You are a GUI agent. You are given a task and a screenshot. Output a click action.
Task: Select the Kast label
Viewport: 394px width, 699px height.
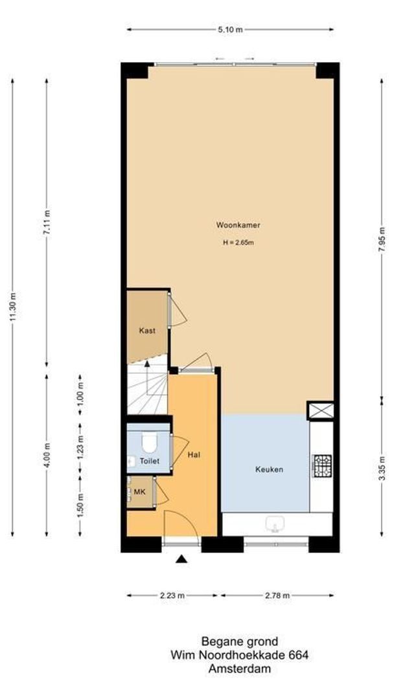(147, 331)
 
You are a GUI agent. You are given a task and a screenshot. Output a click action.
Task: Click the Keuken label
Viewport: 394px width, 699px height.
(269, 469)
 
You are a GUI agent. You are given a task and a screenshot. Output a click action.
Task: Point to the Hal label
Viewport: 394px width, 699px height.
(193, 455)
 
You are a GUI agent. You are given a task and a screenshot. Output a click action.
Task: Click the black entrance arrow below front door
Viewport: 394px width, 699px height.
(182, 559)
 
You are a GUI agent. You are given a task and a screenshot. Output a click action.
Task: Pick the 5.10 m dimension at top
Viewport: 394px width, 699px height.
(231, 29)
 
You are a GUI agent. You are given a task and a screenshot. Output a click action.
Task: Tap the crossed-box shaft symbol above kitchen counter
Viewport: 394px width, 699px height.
(321, 410)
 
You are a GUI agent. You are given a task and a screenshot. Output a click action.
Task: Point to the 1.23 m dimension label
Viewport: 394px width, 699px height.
(80, 449)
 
